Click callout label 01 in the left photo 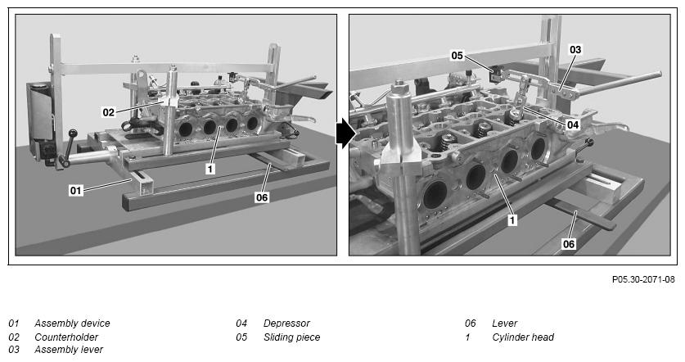[x=75, y=190]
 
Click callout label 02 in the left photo [x=108, y=112]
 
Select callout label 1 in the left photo [x=210, y=169]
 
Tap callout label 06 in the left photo [x=262, y=197]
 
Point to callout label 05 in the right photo [x=457, y=56]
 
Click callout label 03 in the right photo [x=575, y=49]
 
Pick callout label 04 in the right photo [x=573, y=125]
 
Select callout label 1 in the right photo [x=512, y=220]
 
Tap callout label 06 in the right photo [x=568, y=244]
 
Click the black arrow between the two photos [x=345, y=135]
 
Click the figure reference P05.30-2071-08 [x=643, y=279]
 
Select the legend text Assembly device [x=72, y=324]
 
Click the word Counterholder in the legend [x=66, y=337]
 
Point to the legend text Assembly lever [x=69, y=350]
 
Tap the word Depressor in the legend [x=286, y=324]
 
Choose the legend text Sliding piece [x=292, y=337]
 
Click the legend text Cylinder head [x=523, y=337]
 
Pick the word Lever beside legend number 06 [x=505, y=324]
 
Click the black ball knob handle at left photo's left [x=73, y=133]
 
